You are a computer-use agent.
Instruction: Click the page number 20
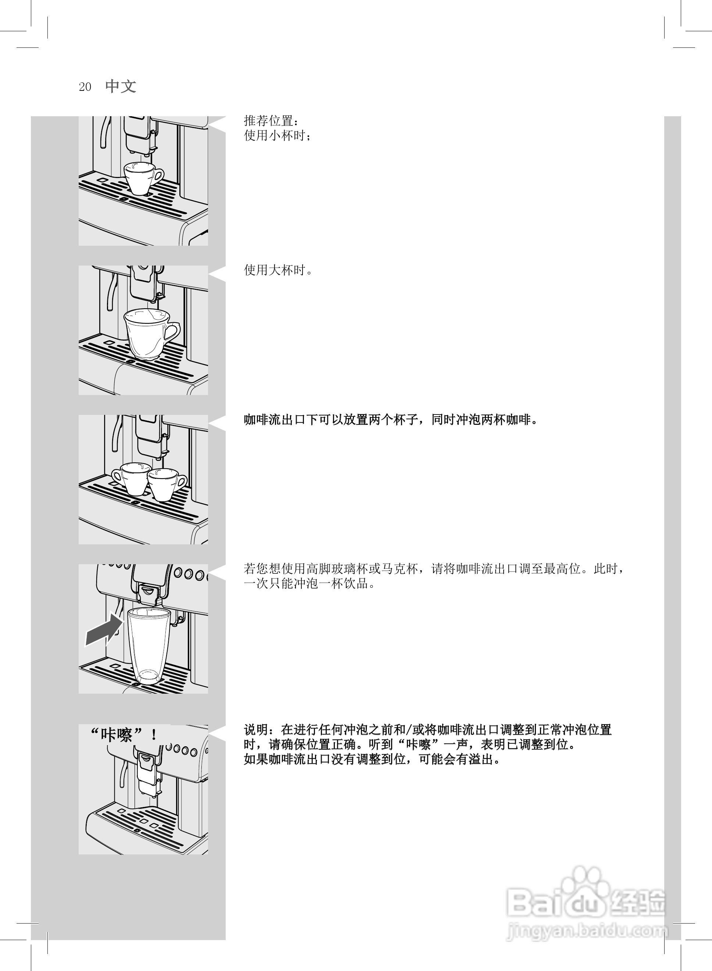click(85, 87)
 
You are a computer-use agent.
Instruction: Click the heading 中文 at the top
click(121, 86)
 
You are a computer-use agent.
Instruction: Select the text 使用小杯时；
click(278, 135)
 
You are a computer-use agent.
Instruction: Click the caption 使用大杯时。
click(278, 270)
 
